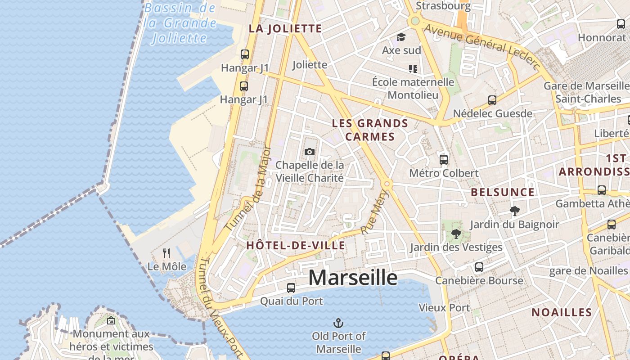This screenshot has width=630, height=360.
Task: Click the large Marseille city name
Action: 353,278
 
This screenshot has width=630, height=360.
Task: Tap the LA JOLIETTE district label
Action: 285,29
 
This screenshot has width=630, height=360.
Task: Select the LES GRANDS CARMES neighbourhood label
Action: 370,130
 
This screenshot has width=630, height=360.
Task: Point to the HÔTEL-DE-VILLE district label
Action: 296,246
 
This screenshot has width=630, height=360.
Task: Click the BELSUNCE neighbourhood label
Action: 503,193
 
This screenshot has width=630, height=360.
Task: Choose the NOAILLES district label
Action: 562,312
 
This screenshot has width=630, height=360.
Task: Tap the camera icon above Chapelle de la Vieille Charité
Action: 309,152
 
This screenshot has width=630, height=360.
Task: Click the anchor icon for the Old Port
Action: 338,323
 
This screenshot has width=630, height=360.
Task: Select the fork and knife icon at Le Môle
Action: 166,253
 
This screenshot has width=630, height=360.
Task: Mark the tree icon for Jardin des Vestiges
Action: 456,234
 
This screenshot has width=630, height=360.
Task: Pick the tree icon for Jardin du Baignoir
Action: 514,211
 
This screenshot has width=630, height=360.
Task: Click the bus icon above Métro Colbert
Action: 444,159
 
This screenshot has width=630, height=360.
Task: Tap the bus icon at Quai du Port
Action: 291,288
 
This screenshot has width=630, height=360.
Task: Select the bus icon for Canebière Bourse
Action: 479,267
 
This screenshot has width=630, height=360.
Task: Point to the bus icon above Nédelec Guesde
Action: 492,100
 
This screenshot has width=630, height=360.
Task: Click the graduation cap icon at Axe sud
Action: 400,37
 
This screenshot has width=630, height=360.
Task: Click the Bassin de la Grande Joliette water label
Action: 180,22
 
